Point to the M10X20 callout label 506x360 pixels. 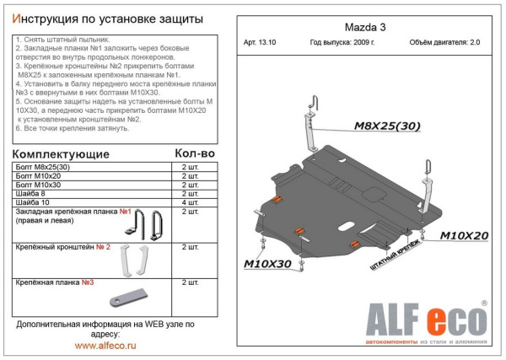[464, 235]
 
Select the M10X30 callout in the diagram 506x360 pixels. [271, 263]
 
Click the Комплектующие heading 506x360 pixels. [61, 154]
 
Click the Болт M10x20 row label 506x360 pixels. [39, 176]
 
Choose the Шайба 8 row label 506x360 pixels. [33, 193]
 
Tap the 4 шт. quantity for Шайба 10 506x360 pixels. [191, 201]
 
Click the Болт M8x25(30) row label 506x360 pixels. [46, 168]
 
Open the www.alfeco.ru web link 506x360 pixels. [107, 345]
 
